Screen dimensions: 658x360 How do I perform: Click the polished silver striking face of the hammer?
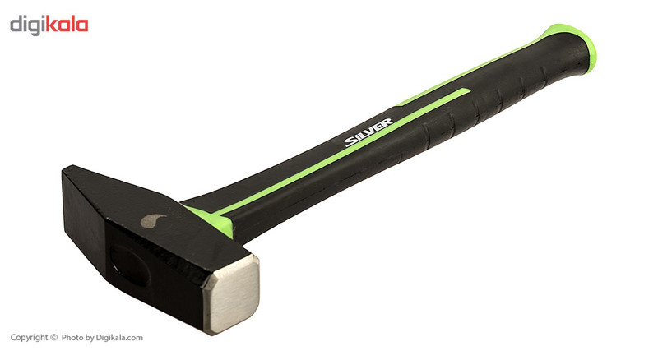(x=232, y=293)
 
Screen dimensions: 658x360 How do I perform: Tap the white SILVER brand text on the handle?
(x=369, y=132)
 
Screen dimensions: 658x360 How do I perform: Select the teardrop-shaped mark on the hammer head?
(x=153, y=220)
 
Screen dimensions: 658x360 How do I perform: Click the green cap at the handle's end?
(x=578, y=44)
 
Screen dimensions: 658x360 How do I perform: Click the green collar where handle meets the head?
(x=214, y=221)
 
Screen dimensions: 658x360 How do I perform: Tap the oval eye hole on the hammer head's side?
(x=130, y=265)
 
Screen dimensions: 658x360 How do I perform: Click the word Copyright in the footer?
(x=30, y=337)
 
